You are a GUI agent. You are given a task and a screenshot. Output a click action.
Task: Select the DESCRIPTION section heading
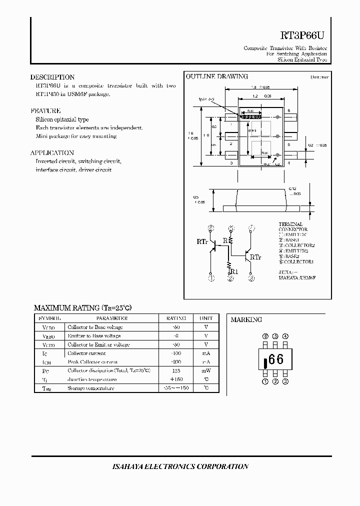(x=52, y=77)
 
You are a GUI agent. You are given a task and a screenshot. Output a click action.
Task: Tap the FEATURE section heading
(x=45, y=110)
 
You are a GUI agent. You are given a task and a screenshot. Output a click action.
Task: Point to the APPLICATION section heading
(x=52, y=152)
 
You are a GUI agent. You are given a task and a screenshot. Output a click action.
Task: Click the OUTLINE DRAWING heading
(x=217, y=76)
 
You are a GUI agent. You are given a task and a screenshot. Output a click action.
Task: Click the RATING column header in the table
(x=175, y=318)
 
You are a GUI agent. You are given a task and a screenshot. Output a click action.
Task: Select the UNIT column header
(x=206, y=318)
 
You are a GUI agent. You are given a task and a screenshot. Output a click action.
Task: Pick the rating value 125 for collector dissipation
(x=175, y=370)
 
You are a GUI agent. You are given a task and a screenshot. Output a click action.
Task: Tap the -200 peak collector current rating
(x=175, y=361)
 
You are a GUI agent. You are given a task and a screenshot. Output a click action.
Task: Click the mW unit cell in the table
(x=206, y=370)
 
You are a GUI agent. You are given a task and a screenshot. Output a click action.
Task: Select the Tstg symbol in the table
(x=46, y=388)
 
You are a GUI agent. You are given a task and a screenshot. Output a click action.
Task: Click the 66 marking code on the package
(x=276, y=359)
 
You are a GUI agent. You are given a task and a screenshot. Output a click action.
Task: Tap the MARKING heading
(x=246, y=319)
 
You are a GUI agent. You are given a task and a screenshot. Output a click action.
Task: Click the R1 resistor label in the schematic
(x=234, y=271)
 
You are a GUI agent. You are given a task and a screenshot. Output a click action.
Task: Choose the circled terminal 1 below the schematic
(x=211, y=278)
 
